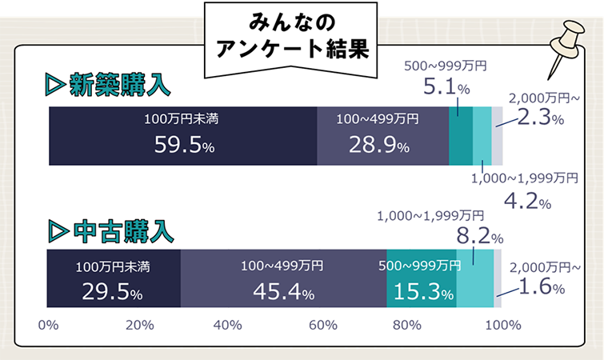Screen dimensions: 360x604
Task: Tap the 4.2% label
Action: click(527, 200)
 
